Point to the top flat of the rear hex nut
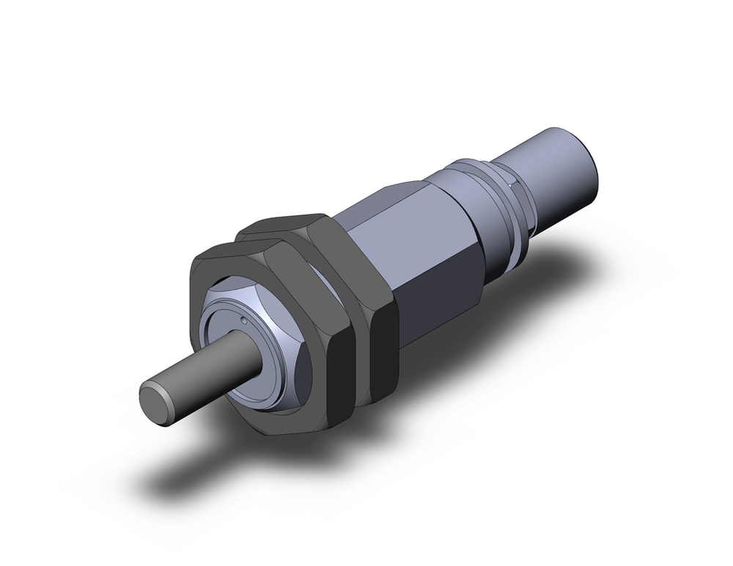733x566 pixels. click(286, 224)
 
